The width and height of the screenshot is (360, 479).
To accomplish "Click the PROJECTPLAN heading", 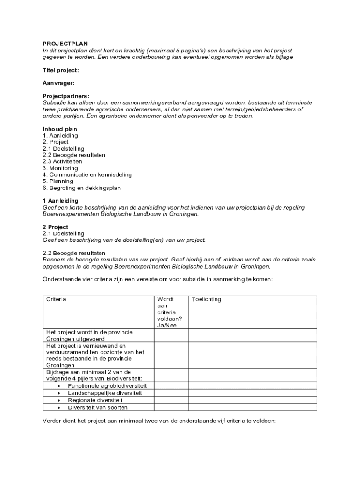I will pos(65,44).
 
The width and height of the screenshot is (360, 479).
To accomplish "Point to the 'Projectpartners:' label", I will pos(66,96).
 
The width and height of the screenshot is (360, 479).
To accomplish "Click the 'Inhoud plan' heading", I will pos(60,129).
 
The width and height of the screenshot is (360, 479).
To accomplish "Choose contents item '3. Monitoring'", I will pos(60,168).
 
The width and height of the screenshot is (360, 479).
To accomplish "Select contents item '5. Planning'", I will pos(58,181).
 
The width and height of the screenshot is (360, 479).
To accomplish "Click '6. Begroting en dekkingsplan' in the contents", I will pos(82,188).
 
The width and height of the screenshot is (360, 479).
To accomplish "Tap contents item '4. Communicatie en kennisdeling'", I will pos(87,175).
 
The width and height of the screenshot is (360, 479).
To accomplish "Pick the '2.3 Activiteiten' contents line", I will pos(62,162).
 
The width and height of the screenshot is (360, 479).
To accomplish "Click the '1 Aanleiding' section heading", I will pos(60,201).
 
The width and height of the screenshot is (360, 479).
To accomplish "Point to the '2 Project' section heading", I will pos(55,227).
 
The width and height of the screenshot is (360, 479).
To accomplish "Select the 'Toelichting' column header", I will pos(207,299).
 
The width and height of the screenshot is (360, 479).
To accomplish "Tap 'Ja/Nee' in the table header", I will pos(167,326).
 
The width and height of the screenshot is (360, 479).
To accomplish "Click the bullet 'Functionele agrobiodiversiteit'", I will pos(107,386).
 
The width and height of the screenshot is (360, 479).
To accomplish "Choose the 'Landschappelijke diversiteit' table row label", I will pos(104,393).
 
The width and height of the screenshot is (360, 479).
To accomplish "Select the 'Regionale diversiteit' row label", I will pos(95,400).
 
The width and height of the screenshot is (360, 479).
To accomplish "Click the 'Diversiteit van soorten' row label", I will pos(98,407).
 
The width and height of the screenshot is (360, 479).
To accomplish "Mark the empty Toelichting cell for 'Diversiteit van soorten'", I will pos(252,407).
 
